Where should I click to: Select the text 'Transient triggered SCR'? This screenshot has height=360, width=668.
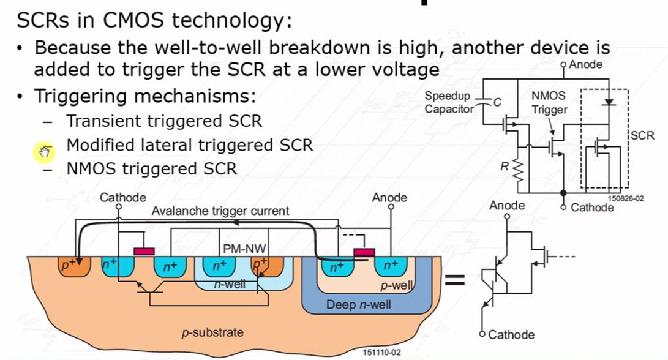(164, 121)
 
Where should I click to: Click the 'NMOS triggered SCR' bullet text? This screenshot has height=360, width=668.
(151, 168)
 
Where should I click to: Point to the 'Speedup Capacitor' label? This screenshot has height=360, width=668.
(449, 103)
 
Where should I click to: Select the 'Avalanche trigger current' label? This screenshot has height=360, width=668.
(220, 211)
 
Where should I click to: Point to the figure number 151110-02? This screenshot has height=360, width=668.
(383, 353)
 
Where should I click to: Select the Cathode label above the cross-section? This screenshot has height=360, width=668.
(123, 197)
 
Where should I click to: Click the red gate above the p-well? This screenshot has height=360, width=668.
(364, 251)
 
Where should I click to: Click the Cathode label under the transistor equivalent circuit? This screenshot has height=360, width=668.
(511, 335)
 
